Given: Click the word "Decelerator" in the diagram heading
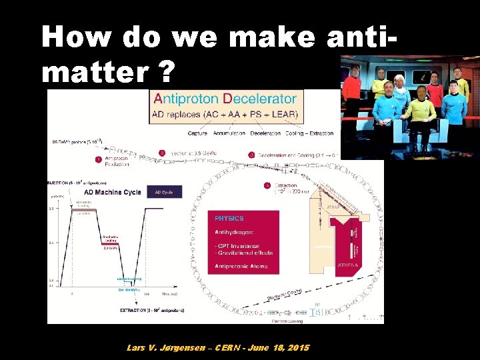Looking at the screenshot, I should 260,99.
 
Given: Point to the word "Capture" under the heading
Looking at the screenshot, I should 197,133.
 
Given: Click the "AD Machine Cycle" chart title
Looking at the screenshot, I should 113,192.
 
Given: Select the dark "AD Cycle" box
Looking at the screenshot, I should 164,192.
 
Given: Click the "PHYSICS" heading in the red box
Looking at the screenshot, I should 229,218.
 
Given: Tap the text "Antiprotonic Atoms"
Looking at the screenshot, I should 241,267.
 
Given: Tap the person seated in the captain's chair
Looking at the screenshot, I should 420,110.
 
